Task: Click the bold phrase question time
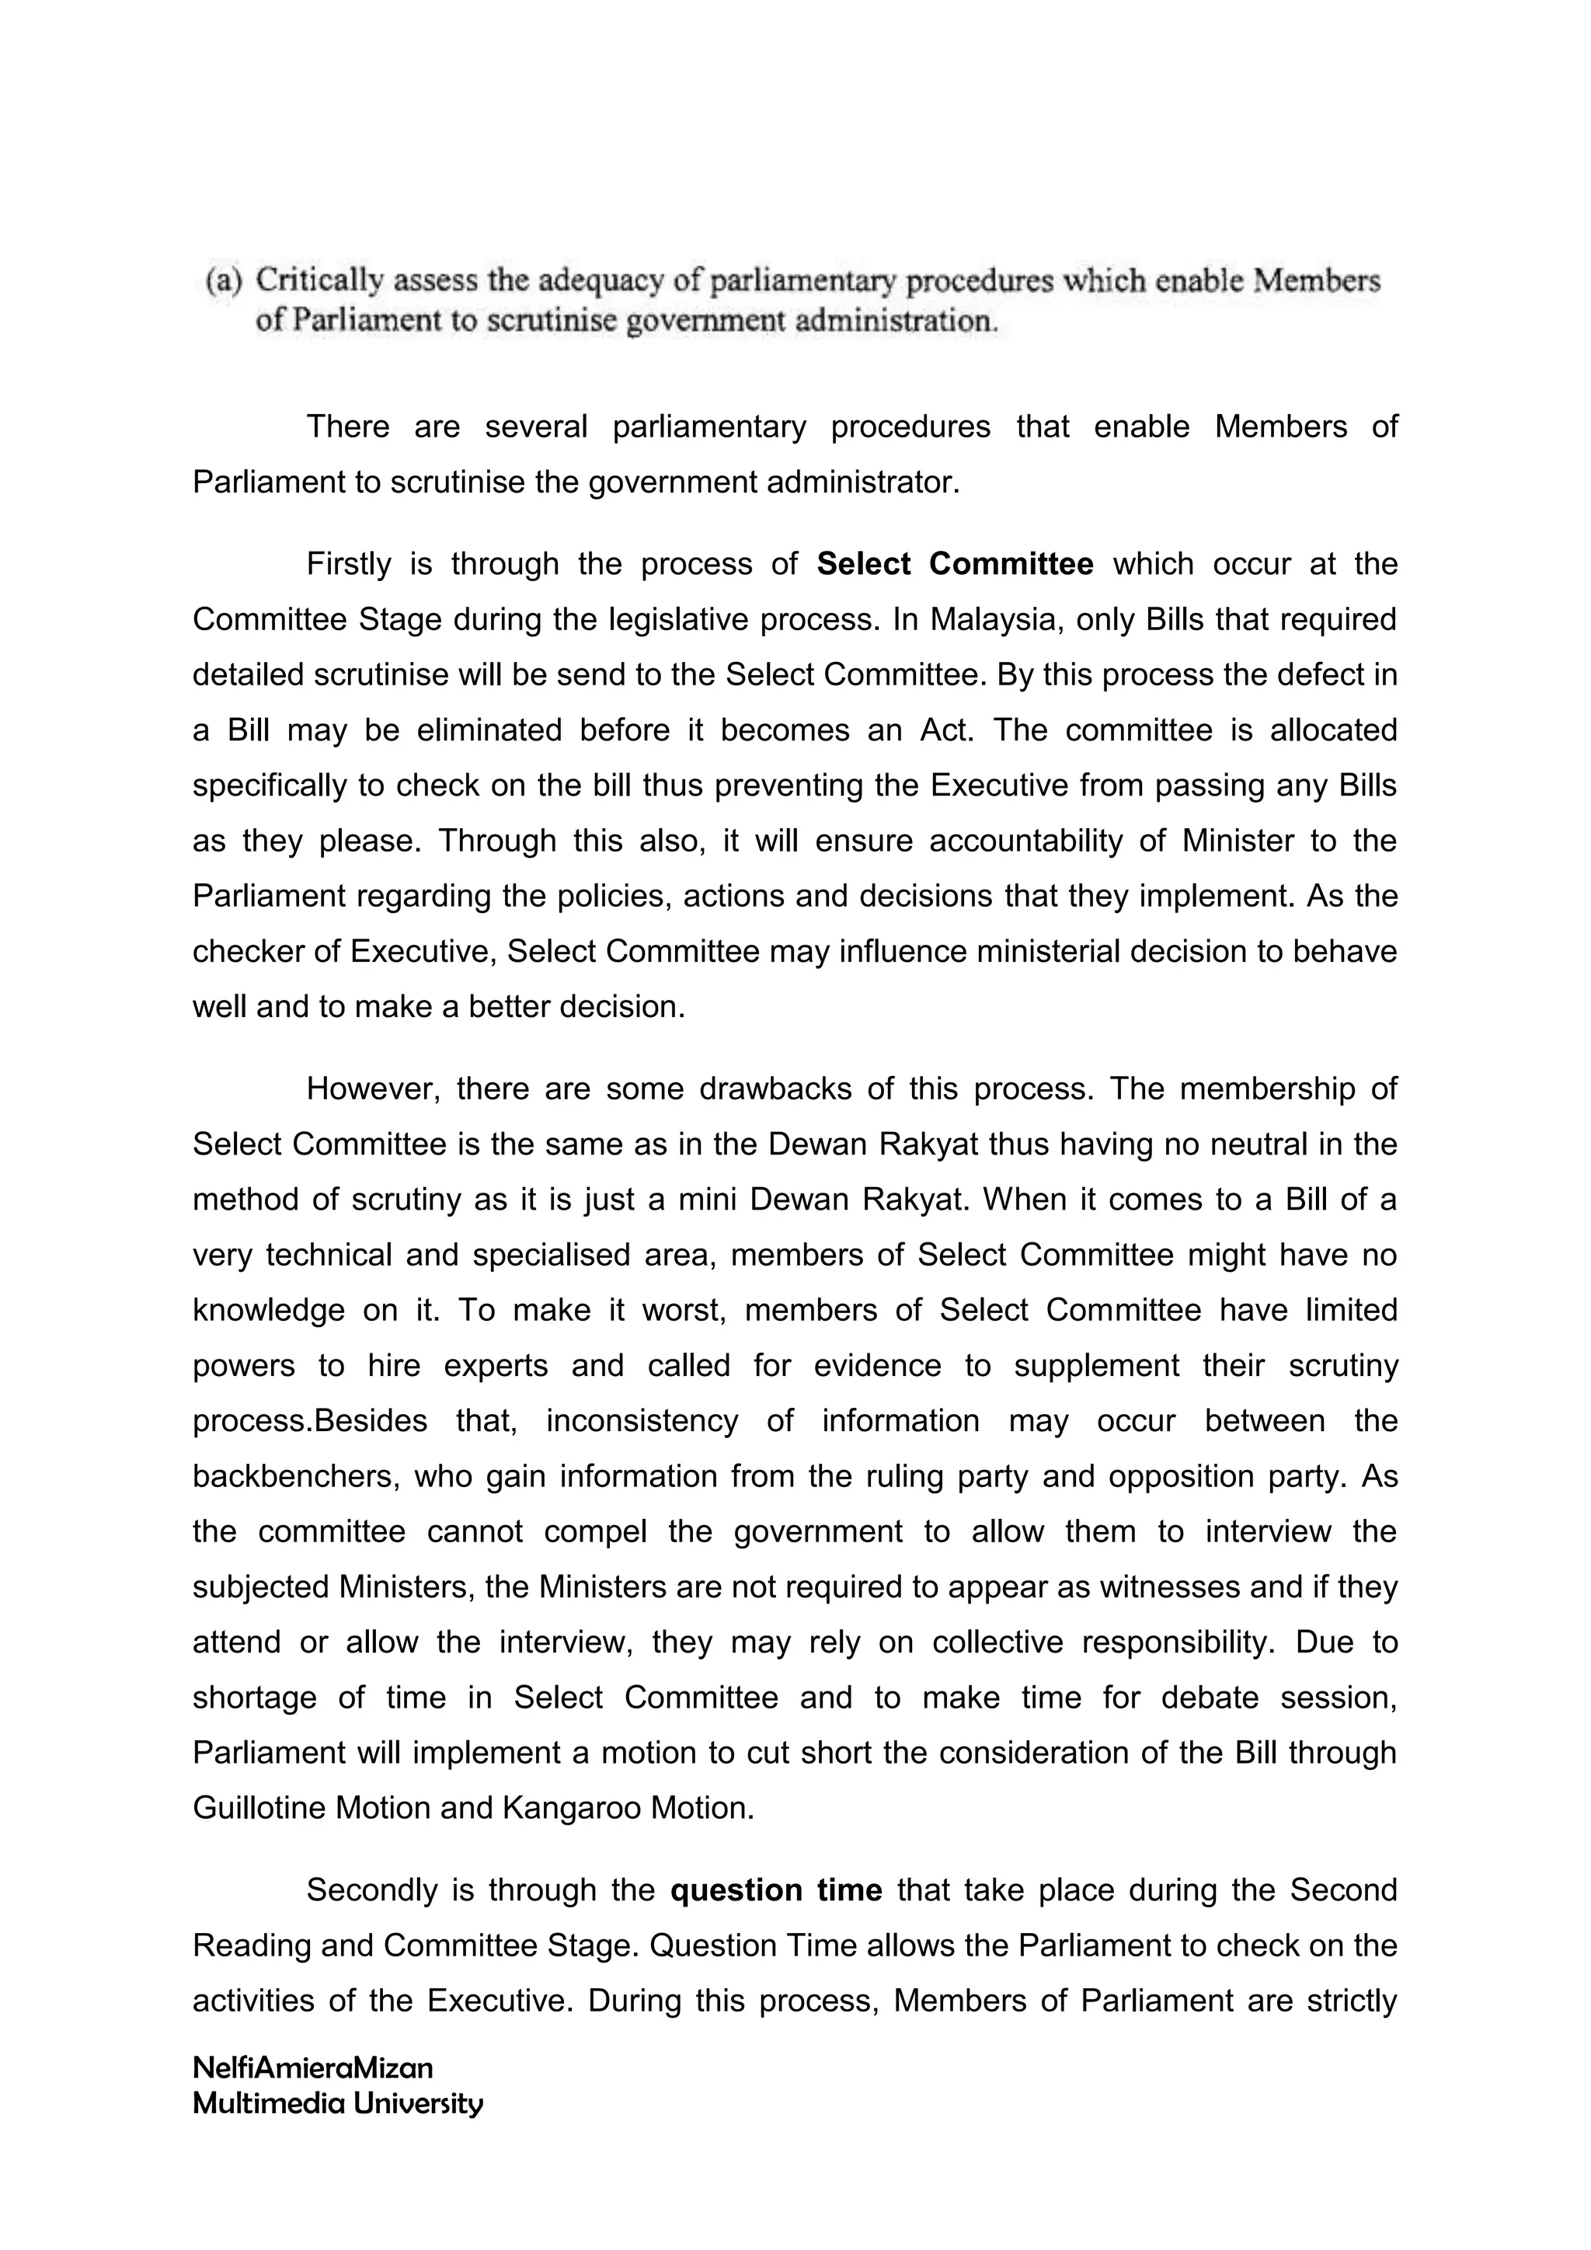(776, 1890)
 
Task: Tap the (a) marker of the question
(224, 281)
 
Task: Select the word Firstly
(349, 565)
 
